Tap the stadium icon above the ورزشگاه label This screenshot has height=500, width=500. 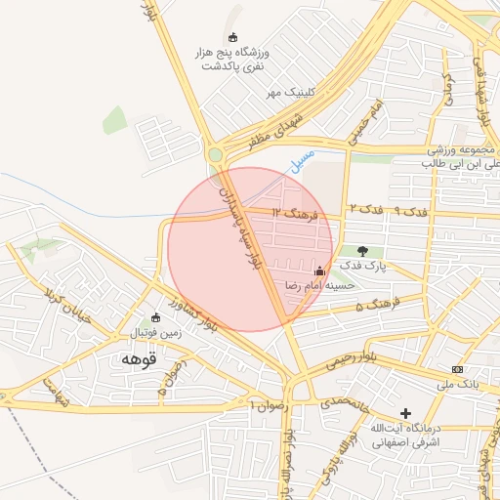click(233, 37)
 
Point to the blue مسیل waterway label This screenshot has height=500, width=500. click(304, 160)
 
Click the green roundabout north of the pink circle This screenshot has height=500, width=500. click(215, 153)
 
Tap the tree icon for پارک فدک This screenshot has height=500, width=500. click(363, 251)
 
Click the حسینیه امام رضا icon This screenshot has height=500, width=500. click(319, 270)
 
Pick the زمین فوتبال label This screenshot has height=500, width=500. click(155, 333)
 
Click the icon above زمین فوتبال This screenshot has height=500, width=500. click(156, 317)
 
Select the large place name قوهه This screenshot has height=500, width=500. click(136, 359)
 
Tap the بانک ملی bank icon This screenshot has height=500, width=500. click(457, 369)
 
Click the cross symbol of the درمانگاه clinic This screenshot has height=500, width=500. click(406, 413)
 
